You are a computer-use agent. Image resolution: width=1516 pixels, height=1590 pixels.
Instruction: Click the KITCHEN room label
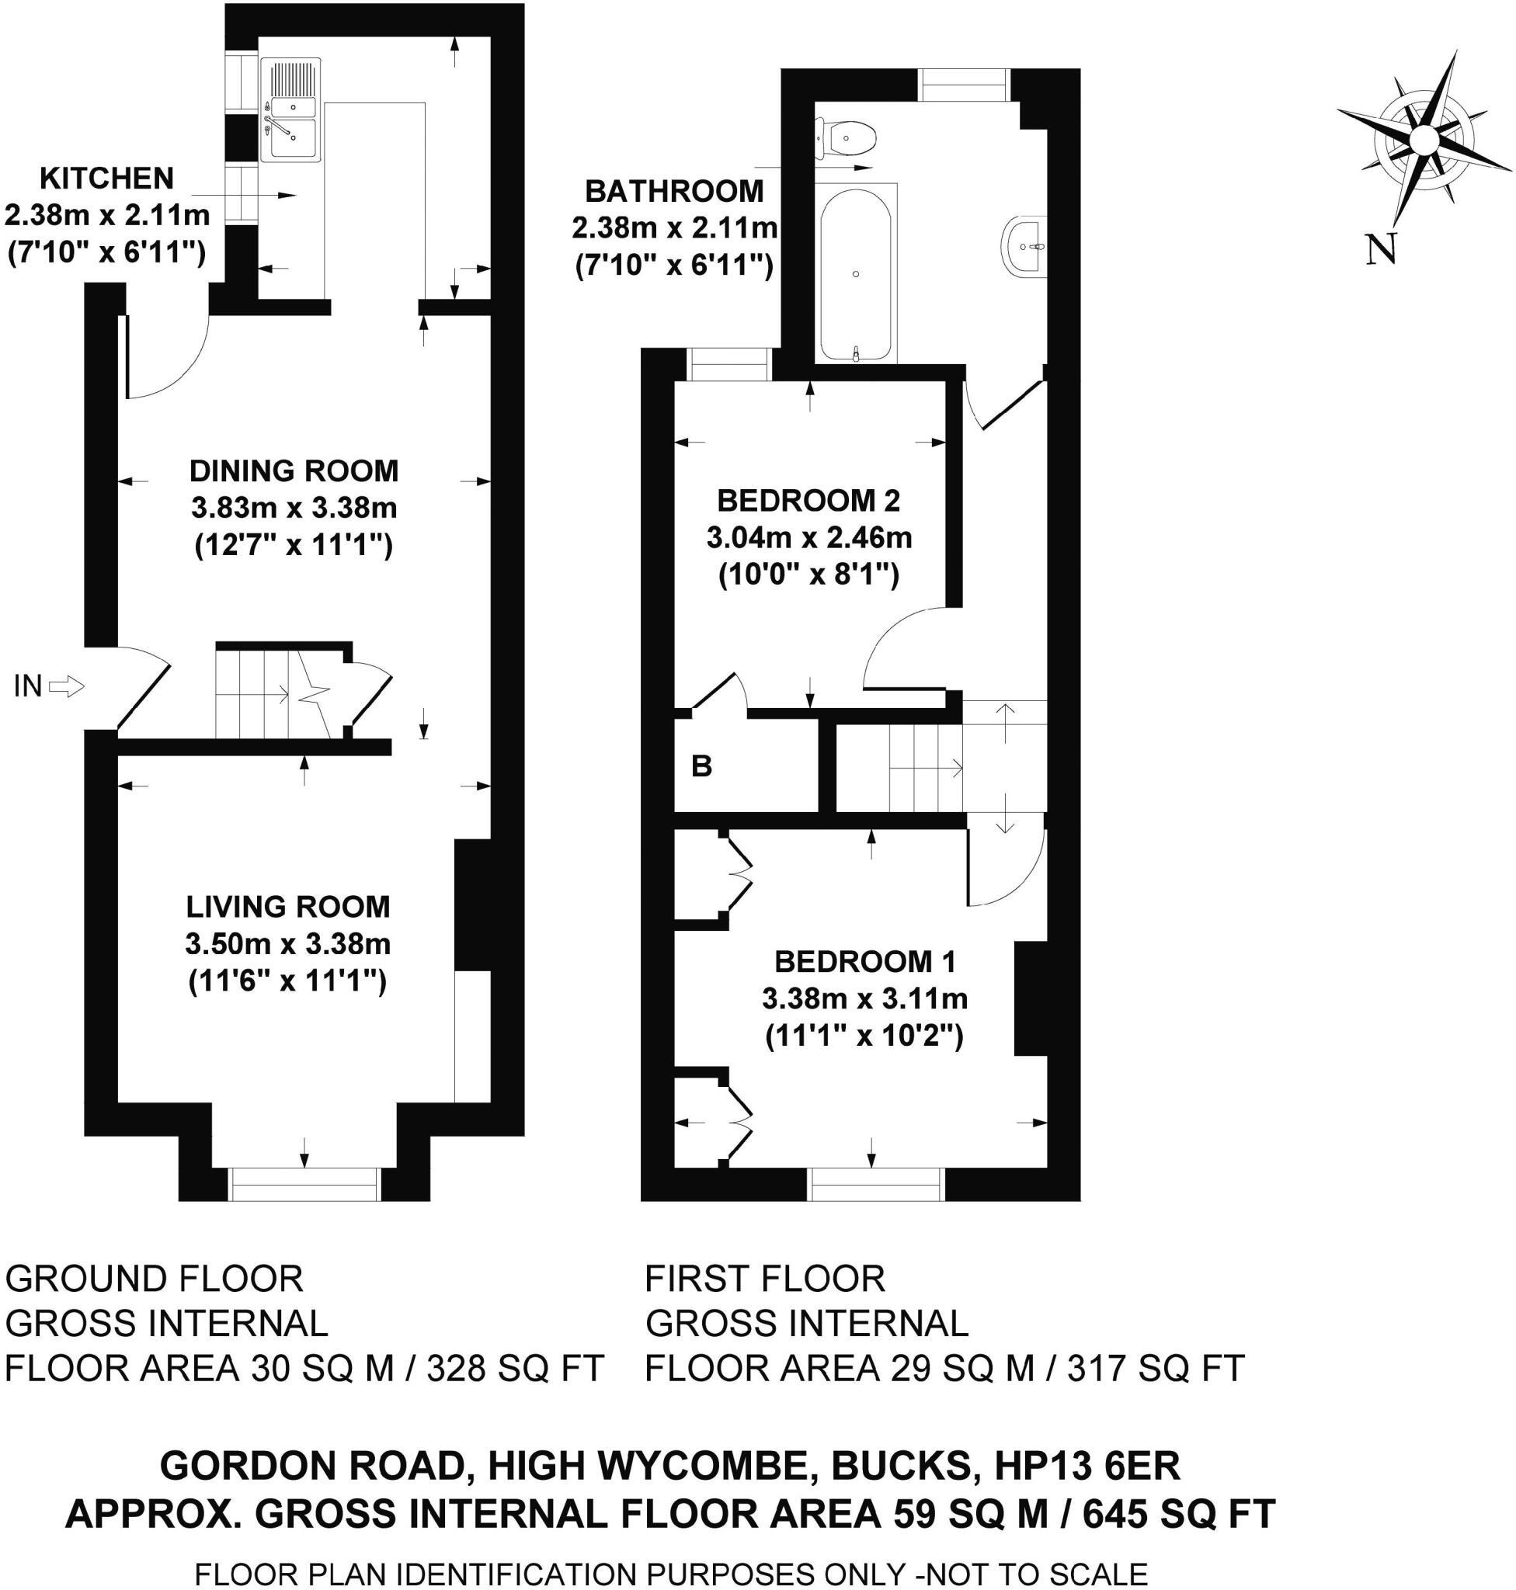106,178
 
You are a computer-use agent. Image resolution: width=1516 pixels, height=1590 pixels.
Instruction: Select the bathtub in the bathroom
857,273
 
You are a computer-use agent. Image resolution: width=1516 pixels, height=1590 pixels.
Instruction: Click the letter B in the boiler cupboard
701,766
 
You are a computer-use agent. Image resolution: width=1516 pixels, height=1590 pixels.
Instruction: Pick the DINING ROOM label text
294,470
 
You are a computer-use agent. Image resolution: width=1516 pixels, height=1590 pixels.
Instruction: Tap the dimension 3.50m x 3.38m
288,943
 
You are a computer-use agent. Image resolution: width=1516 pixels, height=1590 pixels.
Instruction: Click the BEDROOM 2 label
808,501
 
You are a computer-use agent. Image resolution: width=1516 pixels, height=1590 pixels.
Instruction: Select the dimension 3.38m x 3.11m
864,999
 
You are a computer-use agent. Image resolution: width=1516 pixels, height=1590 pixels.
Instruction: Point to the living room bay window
304,1184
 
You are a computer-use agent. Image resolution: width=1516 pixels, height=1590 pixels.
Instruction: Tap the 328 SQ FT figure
516,1369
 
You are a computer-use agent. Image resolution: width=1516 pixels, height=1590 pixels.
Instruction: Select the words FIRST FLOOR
764,1279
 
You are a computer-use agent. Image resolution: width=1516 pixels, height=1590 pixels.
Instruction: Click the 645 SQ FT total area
1179,1513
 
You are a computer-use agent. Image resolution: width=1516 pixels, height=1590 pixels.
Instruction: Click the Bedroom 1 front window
877,1185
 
